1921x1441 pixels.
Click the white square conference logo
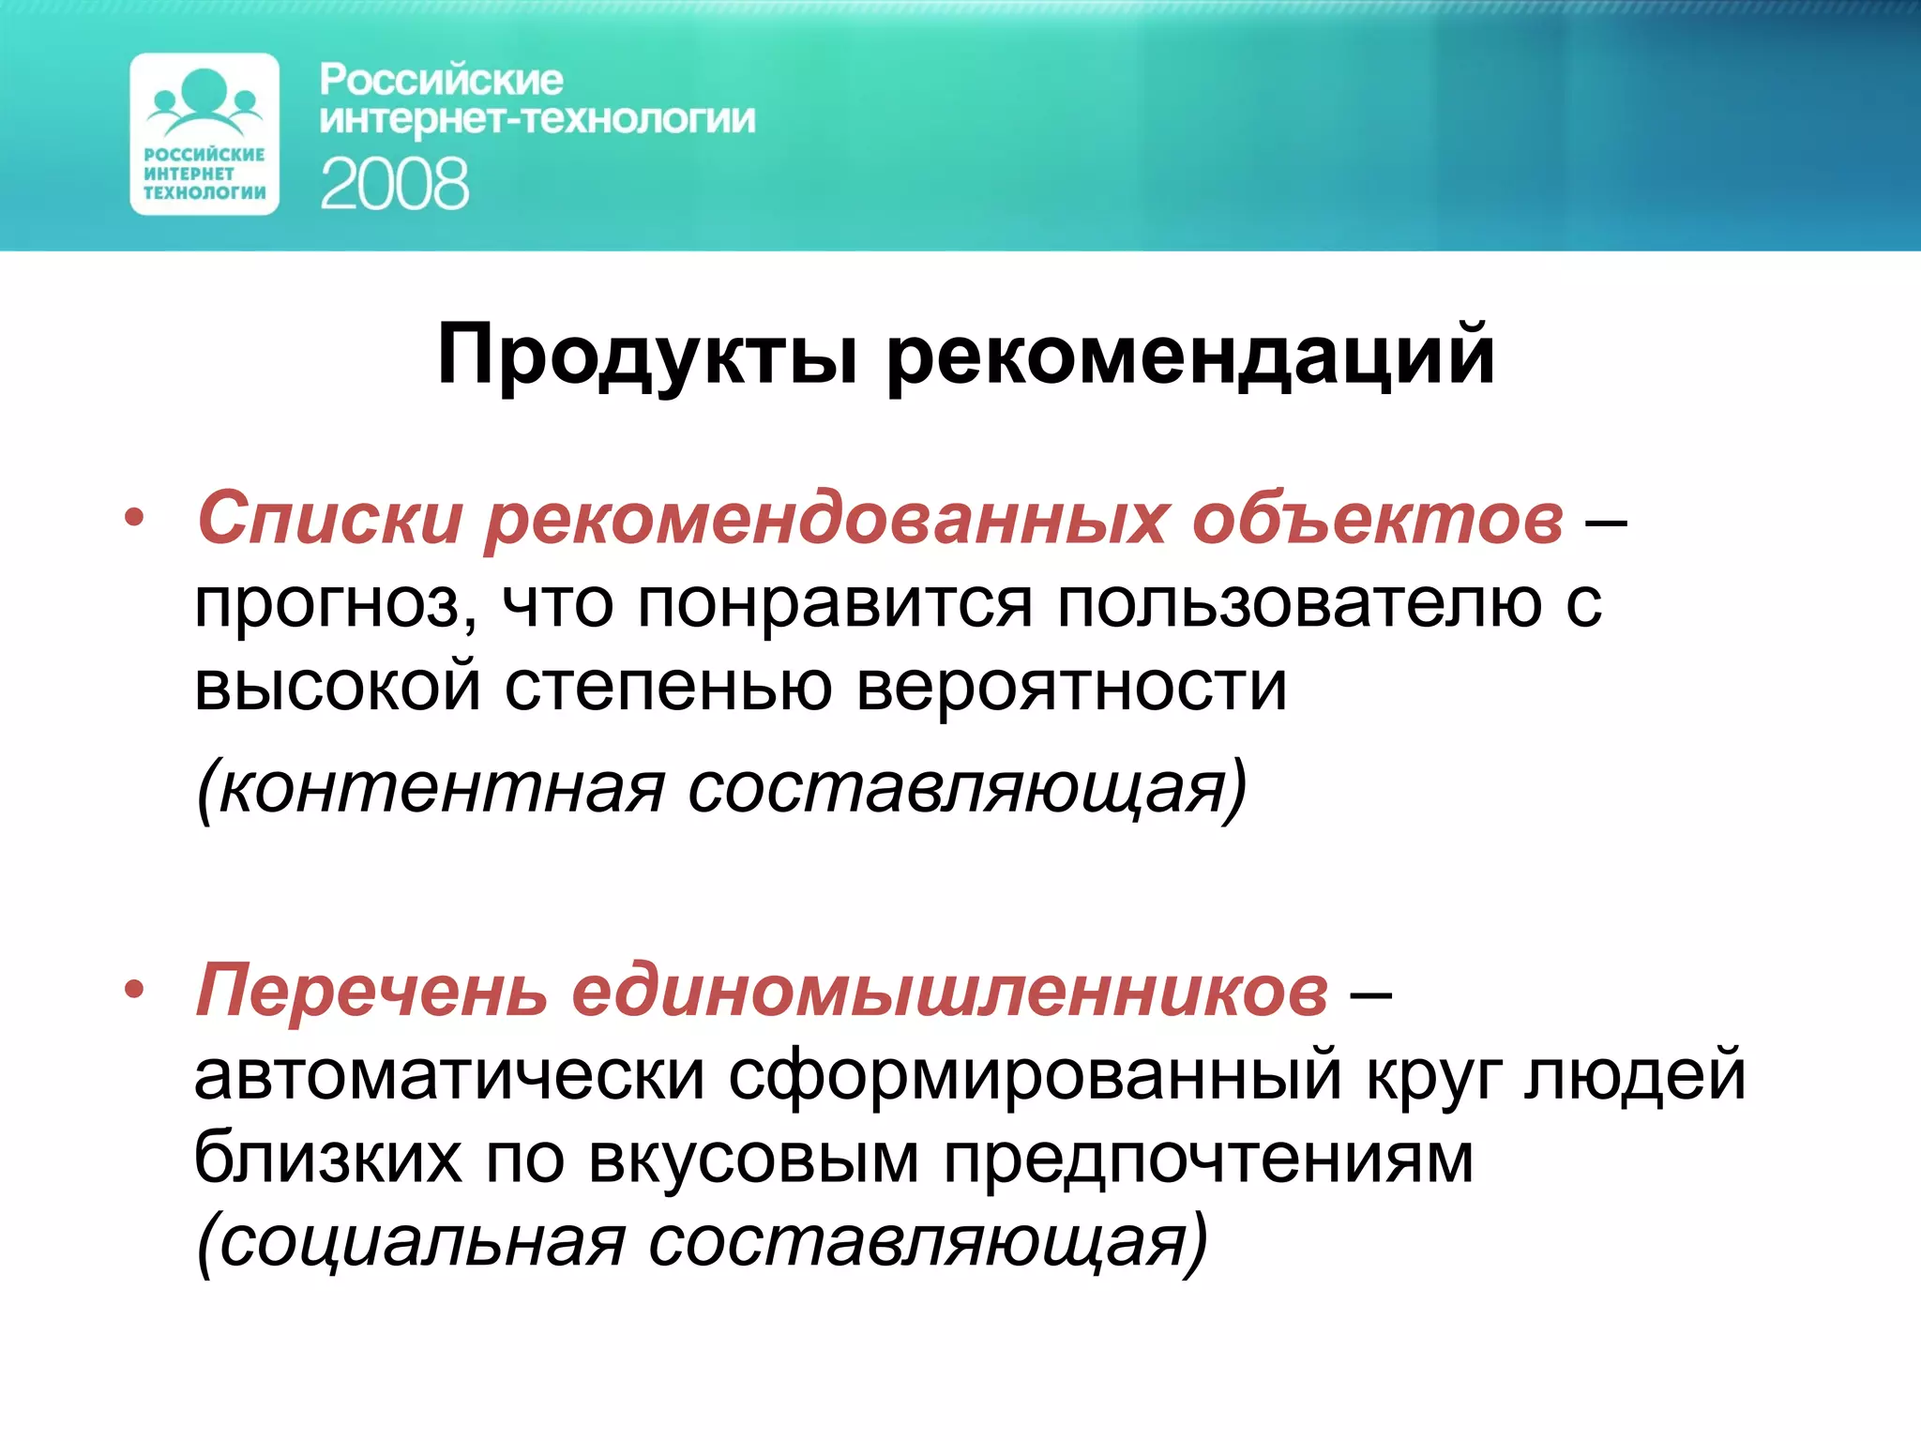pyautogui.click(x=204, y=134)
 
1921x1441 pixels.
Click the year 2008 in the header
pyautogui.click(x=394, y=184)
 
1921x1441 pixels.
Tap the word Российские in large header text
pyautogui.click(x=441, y=81)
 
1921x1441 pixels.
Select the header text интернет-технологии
pyautogui.click(x=537, y=120)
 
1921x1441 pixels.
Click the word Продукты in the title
pyautogui.click(x=647, y=356)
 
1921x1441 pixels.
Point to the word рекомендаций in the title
pyautogui.click(x=1189, y=356)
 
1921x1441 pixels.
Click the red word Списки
pyautogui.click(x=330, y=518)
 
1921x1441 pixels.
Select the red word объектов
pyautogui.click(x=1377, y=518)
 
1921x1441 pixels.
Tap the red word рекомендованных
pyautogui.click(x=825, y=518)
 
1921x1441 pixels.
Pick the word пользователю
pyautogui.click(x=1299, y=603)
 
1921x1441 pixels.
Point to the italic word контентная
pyautogui.click(x=431, y=788)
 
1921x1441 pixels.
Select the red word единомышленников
pyautogui.click(x=949, y=991)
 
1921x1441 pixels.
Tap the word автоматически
pyautogui.click(x=448, y=1076)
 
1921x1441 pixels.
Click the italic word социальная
pyautogui.click(x=413, y=1243)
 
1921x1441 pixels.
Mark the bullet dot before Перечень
pyautogui.click(x=135, y=990)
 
